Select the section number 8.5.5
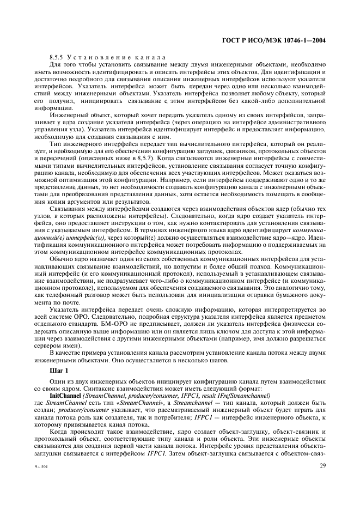pos(57,57)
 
